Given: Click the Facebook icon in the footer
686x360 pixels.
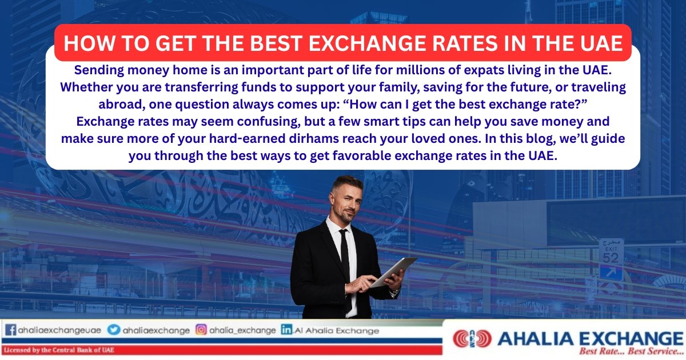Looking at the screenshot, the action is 10,330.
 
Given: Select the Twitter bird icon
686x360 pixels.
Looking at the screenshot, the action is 114,330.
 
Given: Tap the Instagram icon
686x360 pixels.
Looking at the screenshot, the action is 201,330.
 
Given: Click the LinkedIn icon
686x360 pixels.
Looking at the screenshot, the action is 286,330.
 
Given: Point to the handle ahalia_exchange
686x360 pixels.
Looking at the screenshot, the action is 242,330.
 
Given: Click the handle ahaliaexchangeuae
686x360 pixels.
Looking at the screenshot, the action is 59,330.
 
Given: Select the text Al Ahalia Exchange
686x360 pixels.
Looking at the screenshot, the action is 337,331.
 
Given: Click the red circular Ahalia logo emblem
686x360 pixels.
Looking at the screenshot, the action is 472,338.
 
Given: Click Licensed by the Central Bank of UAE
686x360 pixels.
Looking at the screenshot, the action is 59,350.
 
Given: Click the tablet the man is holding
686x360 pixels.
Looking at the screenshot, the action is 394,272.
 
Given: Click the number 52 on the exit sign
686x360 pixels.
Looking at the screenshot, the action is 611,258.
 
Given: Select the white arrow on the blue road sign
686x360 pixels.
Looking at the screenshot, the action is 611,273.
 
